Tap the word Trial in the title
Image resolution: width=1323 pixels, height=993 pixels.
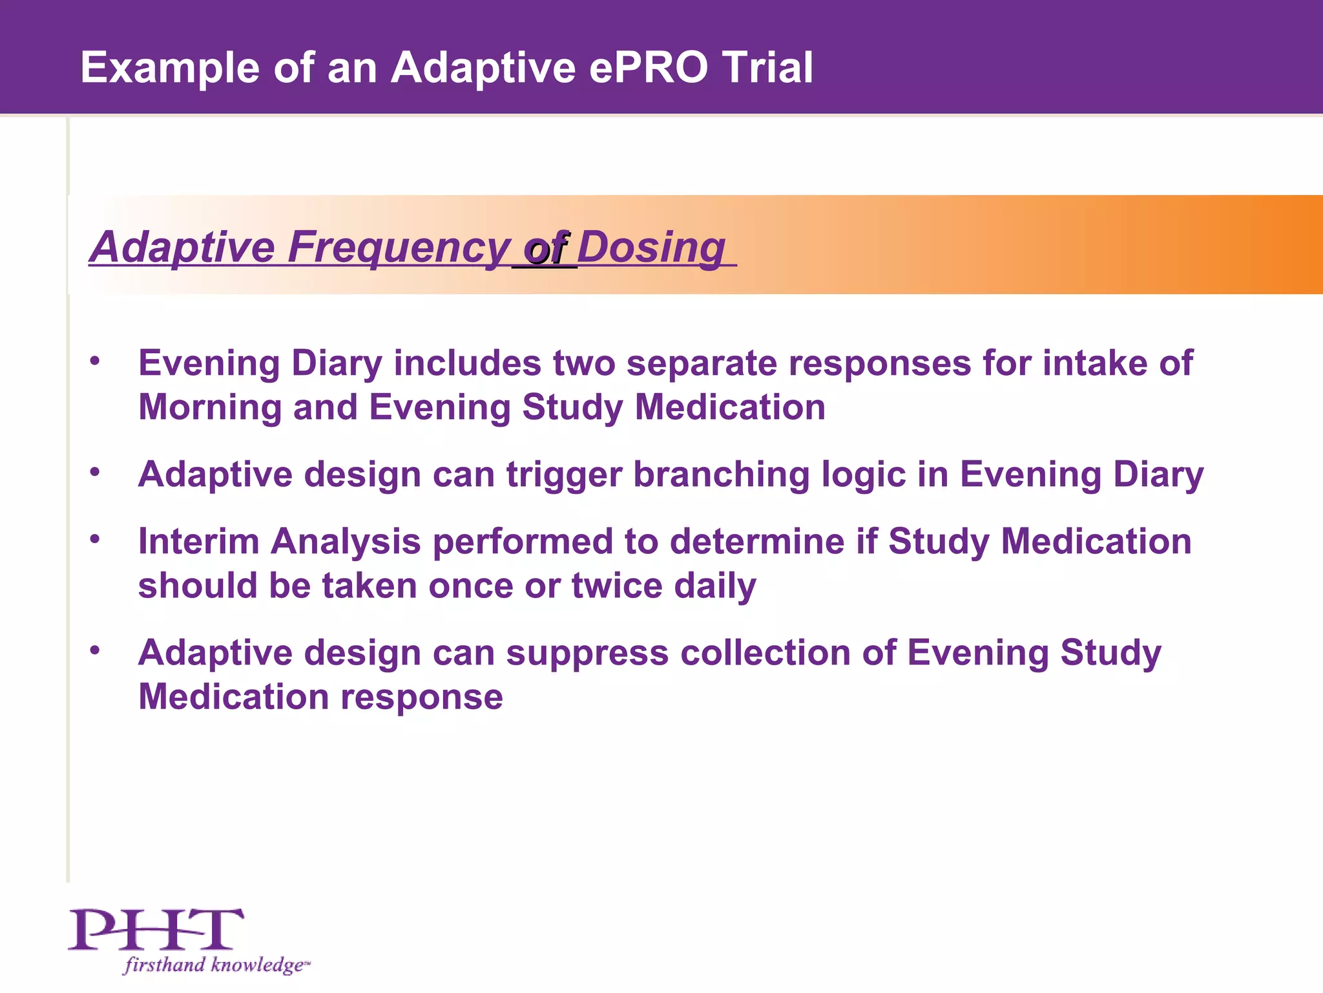767,68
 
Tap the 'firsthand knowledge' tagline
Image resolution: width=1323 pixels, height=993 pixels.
216,965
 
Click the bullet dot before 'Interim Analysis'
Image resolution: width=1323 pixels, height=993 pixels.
95,538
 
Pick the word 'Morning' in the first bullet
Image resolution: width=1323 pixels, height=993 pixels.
209,408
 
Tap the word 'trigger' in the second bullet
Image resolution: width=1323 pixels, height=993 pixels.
563,475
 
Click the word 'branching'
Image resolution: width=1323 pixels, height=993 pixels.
721,475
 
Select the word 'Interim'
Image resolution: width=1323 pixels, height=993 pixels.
198,541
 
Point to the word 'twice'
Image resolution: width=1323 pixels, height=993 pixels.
616,586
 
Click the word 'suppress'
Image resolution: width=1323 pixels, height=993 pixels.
587,654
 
